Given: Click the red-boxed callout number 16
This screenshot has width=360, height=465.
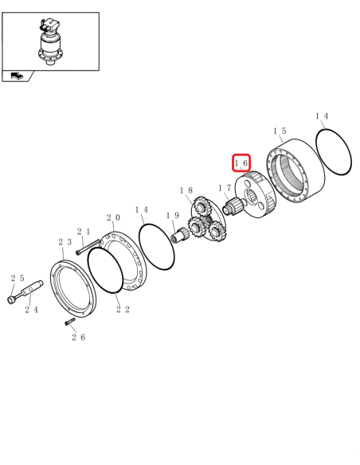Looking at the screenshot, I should click(241, 163).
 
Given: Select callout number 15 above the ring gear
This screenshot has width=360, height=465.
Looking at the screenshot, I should click(280, 131).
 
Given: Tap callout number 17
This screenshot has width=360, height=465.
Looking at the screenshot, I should click(225, 189).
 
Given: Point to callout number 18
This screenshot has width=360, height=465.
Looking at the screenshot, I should click(186, 191).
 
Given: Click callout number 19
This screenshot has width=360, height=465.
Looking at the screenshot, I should click(172, 216).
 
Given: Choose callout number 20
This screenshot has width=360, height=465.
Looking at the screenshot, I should click(114, 217).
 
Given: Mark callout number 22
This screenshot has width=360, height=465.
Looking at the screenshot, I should click(123, 310).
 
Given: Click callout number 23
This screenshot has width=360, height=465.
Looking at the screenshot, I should click(65, 242).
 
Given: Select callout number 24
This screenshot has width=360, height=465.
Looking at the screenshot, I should click(32, 310).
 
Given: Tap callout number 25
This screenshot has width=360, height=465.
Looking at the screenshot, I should click(18, 278).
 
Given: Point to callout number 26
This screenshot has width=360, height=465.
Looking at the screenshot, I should click(78, 338).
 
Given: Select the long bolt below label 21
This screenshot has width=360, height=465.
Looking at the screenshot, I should click(88, 248).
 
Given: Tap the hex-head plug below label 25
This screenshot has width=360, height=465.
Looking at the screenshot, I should click(12, 300).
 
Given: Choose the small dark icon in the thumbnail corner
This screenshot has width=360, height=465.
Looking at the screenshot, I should click(18, 76).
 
